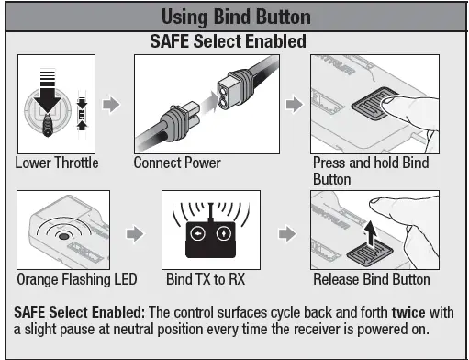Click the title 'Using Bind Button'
(x=236, y=17)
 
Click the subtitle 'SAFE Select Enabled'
(x=228, y=41)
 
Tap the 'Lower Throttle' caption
(x=57, y=163)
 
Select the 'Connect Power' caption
(x=177, y=163)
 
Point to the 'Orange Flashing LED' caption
(x=77, y=279)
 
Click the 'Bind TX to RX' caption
(x=206, y=279)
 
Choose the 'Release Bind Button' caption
(x=372, y=279)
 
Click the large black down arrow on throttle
(x=48, y=91)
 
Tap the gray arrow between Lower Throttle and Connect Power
(x=111, y=105)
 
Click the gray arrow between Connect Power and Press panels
(x=295, y=105)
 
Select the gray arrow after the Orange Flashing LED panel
(x=135, y=234)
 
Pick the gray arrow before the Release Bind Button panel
(x=287, y=234)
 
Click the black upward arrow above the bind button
(x=371, y=232)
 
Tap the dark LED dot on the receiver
(x=63, y=236)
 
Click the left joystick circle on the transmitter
(x=197, y=233)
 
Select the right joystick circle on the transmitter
(x=224, y=233)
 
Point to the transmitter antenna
(x=210, y=212)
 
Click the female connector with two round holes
(x=234, y=90)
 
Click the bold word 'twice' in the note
(x=408, y=312)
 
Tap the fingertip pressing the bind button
(x=388, y=104)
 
